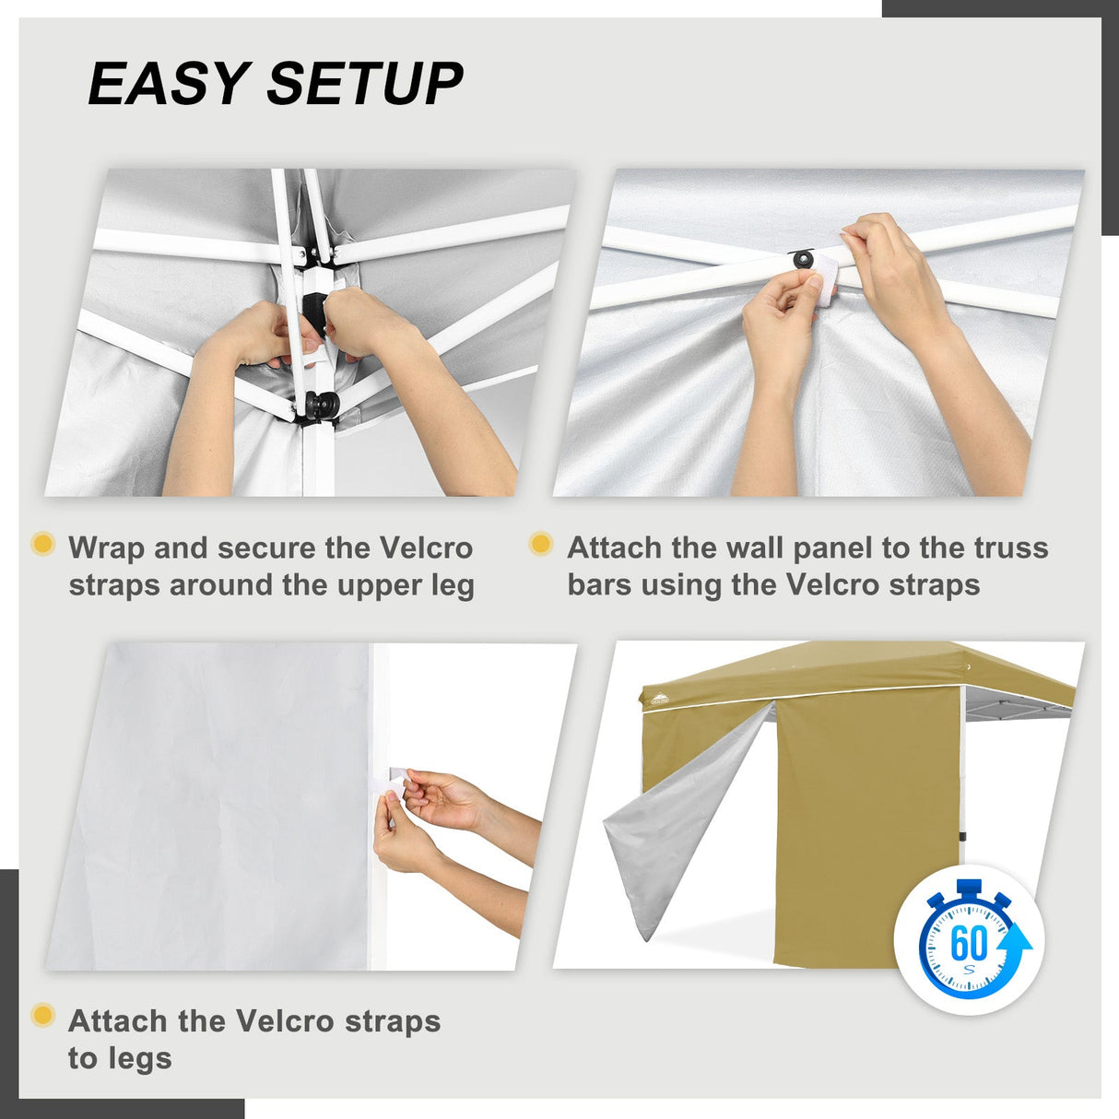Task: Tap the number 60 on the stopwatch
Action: [x=968, y=943]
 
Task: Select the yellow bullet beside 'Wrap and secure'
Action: [x=42, y=544]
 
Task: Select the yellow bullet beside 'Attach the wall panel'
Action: [x=541, y=544]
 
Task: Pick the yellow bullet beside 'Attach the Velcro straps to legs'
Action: [x=42, y=1016]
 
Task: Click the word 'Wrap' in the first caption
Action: [x=106, y=548]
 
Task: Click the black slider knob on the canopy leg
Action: [x=323, y=405]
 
